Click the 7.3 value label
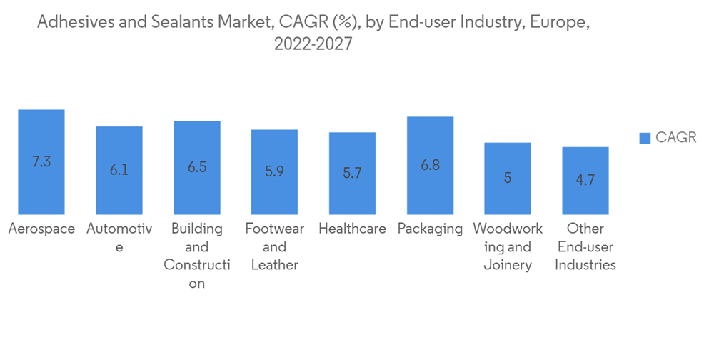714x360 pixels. pos(41,162)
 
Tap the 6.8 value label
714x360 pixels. pos(430,166)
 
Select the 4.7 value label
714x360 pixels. pos(585,181)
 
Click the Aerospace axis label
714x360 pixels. pos(41,229)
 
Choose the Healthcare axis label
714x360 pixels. pos(352,229)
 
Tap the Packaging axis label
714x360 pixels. pos(430,229)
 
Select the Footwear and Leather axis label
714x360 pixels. pos(274,247)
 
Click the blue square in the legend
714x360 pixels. pos(644,138)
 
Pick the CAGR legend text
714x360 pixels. pos(675,138)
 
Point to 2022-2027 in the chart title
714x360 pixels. pos(313,44)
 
